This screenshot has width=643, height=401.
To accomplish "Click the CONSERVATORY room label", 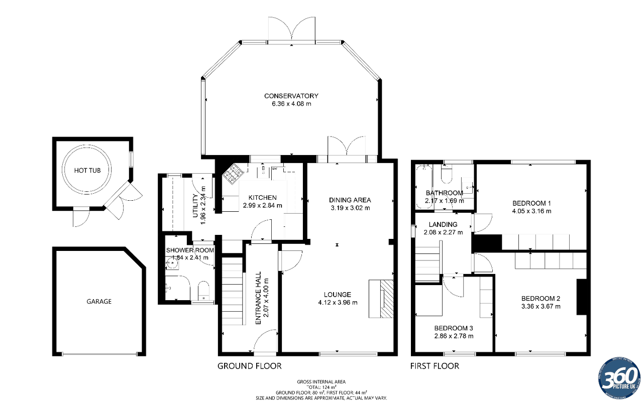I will point(291,96).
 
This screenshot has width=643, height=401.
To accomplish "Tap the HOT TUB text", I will point(87,171).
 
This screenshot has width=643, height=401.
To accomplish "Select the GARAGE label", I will point(98,302).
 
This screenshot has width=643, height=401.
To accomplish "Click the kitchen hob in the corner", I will point(234,174).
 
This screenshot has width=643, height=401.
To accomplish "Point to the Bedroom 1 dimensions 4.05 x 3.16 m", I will point(531,211).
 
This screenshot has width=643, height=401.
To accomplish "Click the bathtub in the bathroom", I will point(420,186).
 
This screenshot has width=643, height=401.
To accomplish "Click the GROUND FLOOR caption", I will point(249,366).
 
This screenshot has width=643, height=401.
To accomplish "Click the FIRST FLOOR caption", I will point(435,366).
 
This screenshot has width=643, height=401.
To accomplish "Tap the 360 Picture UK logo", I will point(619,377).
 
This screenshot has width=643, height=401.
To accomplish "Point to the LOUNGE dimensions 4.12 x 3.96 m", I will point(338,303).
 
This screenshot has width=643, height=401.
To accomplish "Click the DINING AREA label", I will point(350,200).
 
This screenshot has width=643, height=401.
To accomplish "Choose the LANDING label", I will point(443,224).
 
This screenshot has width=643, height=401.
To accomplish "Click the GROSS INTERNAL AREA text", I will point(321,382).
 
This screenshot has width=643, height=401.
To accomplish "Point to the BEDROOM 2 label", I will point(541,298).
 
